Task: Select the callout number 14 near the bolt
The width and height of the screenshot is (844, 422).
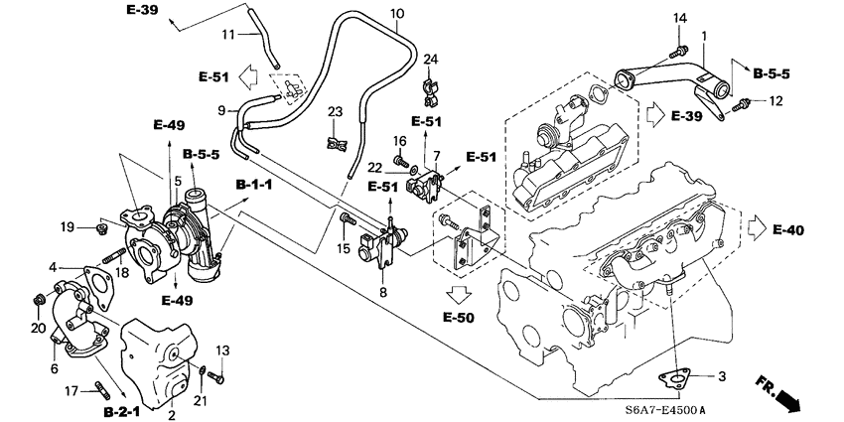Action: pos(680,19)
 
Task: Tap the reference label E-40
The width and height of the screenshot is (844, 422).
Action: pos(786,230)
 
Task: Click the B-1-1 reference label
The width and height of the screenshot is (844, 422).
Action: pos(254,186)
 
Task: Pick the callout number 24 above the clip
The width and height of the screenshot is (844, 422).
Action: pos(429,61)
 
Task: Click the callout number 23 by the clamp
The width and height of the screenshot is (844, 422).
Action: pos(335,110)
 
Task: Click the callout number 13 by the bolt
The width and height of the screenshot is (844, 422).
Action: pos(222,351)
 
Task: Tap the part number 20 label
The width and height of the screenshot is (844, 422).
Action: pos(38,328)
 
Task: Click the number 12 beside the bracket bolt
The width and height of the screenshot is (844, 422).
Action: pos(775,101)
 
